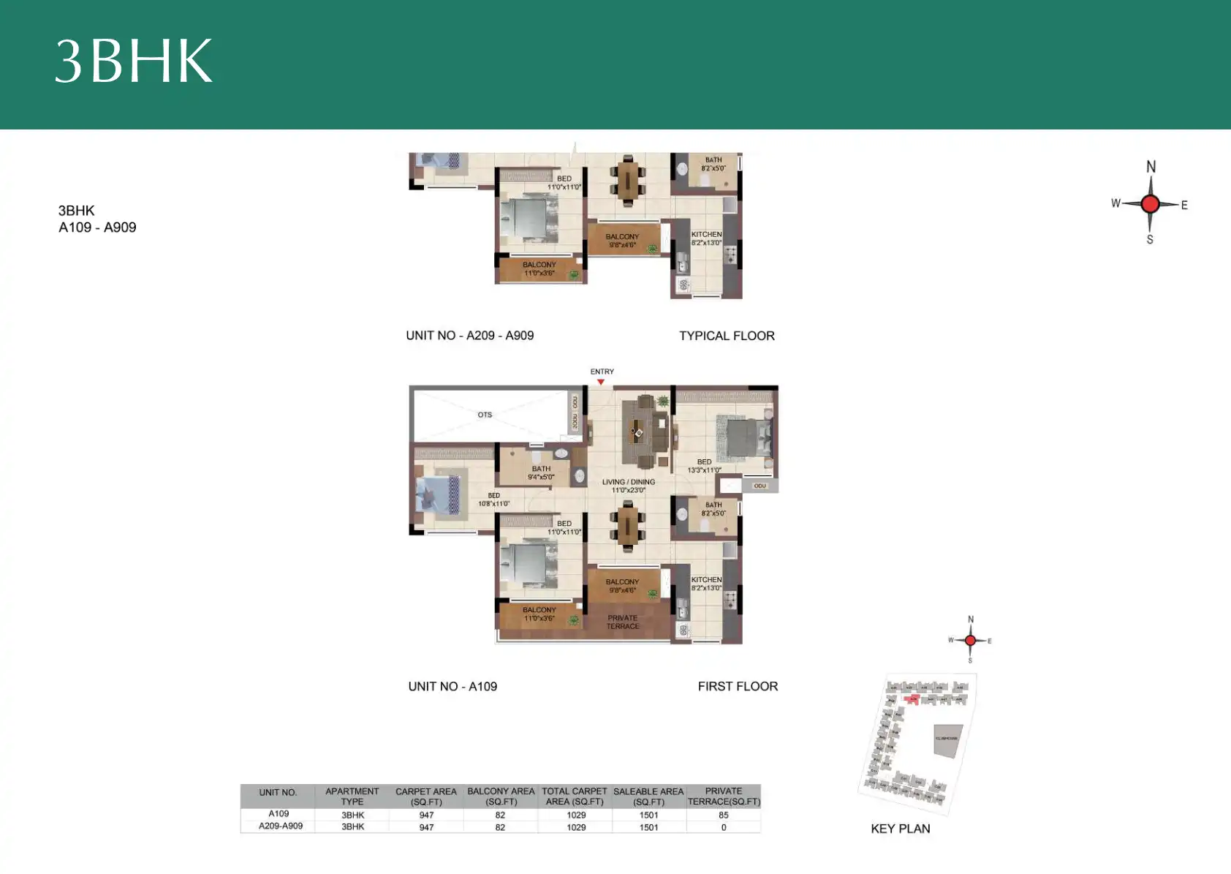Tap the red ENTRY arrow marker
click(601, 382)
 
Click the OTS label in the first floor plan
click(485, 415)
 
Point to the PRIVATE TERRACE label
click(623, 622)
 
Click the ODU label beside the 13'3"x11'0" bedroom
click(760, 486)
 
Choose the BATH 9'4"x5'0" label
click(541, 473)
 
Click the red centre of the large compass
click(1150, 204)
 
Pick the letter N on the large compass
click(1151, 167)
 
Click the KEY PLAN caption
click(900, 829)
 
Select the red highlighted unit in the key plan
click(912, 700)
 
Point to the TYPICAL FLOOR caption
click(727, 336)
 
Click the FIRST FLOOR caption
click(738, 686)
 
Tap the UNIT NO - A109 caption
click(452, 686)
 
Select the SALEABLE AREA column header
click(648, 796)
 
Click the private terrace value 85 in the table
click(723, 815)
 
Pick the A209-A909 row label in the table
click(281, 826)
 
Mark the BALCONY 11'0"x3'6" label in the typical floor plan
click(539, 268)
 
